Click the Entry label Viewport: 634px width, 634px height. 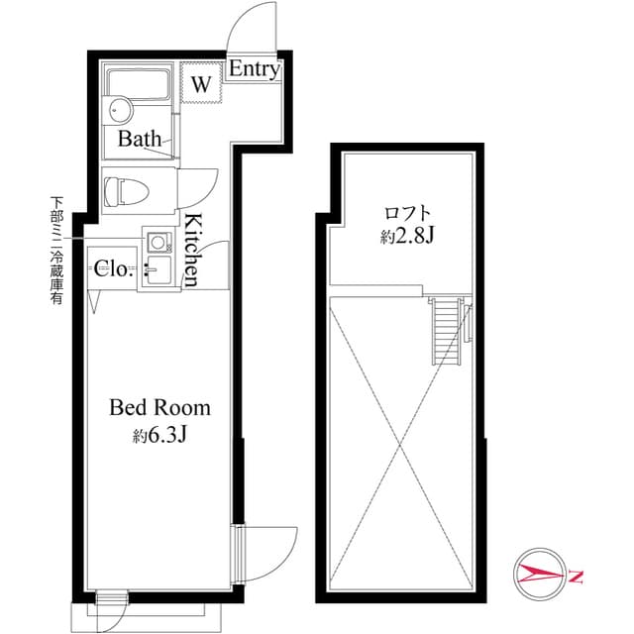(255, 70)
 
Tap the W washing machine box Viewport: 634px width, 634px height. (201, 84)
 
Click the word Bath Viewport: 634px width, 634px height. (140, 139)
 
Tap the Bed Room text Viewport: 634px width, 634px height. (159, 407)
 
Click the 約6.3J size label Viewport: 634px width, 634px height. (159, 435)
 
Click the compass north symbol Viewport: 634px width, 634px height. (540, 574)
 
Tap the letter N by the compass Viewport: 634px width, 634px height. (577, 575)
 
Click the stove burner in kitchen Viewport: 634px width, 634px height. (158, 242)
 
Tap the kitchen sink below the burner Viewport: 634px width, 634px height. (158, 268)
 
